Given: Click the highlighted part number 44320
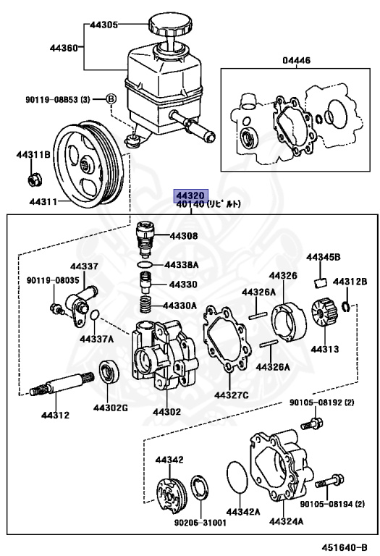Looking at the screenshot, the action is tap(190, 195).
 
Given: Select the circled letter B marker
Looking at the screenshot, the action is tap(111, 99).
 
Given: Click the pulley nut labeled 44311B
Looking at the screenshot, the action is tap(35, 179).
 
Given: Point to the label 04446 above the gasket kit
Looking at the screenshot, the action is tap(296, 60).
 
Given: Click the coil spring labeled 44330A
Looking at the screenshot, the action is tap(145, 305).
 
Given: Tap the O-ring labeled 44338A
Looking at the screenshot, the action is tap(145, 264).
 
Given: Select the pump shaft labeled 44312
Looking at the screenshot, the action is tap(62, 383).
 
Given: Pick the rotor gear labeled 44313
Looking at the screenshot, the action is tap(323, 313).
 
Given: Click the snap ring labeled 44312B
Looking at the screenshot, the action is tap(346, 307).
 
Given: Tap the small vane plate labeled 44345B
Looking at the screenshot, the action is tap(321, 282).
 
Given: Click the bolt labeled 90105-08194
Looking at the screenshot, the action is tap(329, 481).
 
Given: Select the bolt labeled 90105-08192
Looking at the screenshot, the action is tap(312, 422).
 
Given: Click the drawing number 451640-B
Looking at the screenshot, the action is tap(345, 547).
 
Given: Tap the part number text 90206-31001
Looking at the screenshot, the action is tap(200, 523).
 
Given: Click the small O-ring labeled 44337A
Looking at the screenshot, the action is tap(95, 314).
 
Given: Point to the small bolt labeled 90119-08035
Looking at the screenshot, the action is tap(56, 308).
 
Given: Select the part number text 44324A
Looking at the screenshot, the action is tap(286, 521).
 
